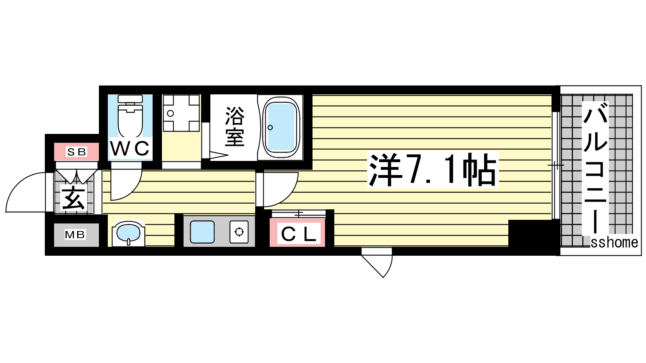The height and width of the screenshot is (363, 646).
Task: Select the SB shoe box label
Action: click(76, 152)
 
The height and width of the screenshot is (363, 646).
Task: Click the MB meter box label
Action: click(75, 234)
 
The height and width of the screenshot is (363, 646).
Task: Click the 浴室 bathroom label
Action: click(235, 127)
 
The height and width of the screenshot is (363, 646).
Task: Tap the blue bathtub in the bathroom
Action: click(281, 127)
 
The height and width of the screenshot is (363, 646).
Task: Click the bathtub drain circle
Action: click(270, 127)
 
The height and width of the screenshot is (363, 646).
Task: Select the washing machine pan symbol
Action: click(181, 113)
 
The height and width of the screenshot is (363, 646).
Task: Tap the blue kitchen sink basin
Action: click(202, 232)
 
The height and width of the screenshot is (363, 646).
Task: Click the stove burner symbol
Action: click(239, 232)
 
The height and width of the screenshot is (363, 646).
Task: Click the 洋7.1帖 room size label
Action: click(432, 170)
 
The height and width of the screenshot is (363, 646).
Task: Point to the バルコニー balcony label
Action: click(595, 168)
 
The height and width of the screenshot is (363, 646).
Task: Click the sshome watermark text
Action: click(614, 243)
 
